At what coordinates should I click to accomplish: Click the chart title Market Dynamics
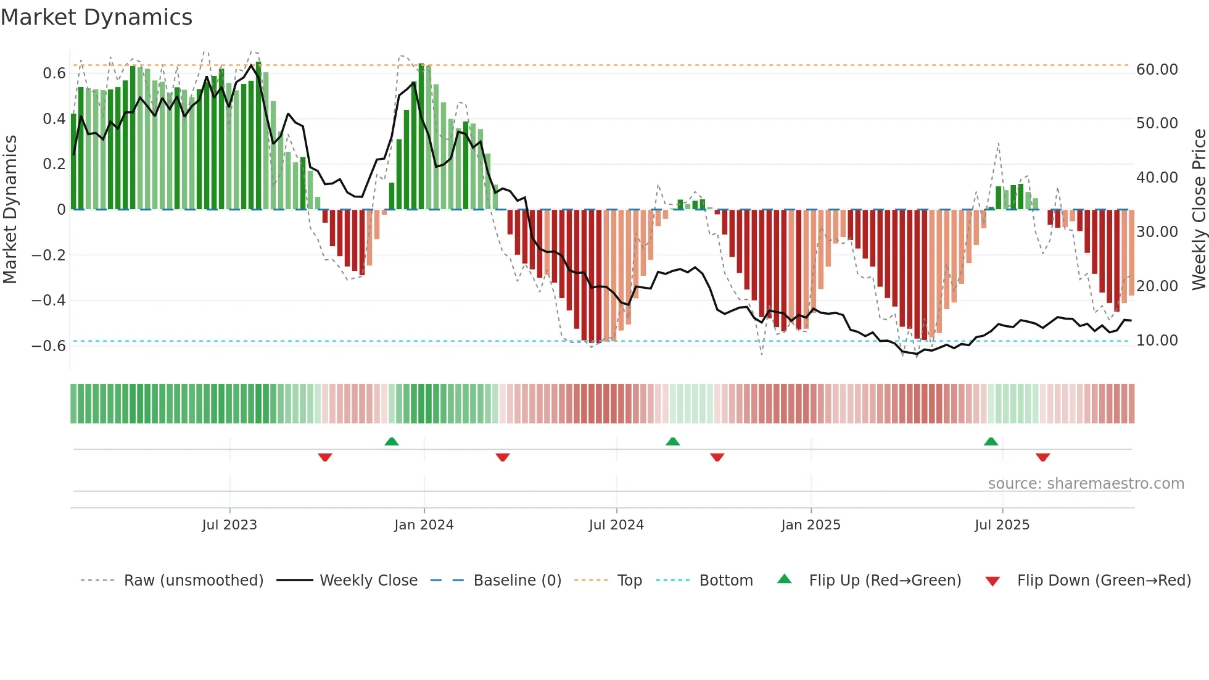[96, 17]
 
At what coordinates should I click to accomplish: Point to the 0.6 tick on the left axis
[54, 73]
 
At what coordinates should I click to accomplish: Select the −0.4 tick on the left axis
[49, 301]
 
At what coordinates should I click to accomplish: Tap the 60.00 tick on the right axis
[1157, 70]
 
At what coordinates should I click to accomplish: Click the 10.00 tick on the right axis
[1157, 341]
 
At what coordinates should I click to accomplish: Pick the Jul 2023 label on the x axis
[229, 525]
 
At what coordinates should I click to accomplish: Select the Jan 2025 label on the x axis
[811, 525]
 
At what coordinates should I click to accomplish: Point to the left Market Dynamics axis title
[10, 210]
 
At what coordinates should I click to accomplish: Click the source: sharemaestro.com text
[1086, 484]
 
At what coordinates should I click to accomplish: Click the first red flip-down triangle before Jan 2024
[325, 457]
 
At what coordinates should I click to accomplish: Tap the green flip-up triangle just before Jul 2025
[991, 441]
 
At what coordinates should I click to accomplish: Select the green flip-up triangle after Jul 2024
[673, 441]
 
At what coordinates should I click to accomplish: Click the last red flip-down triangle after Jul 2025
[1042, 457]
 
